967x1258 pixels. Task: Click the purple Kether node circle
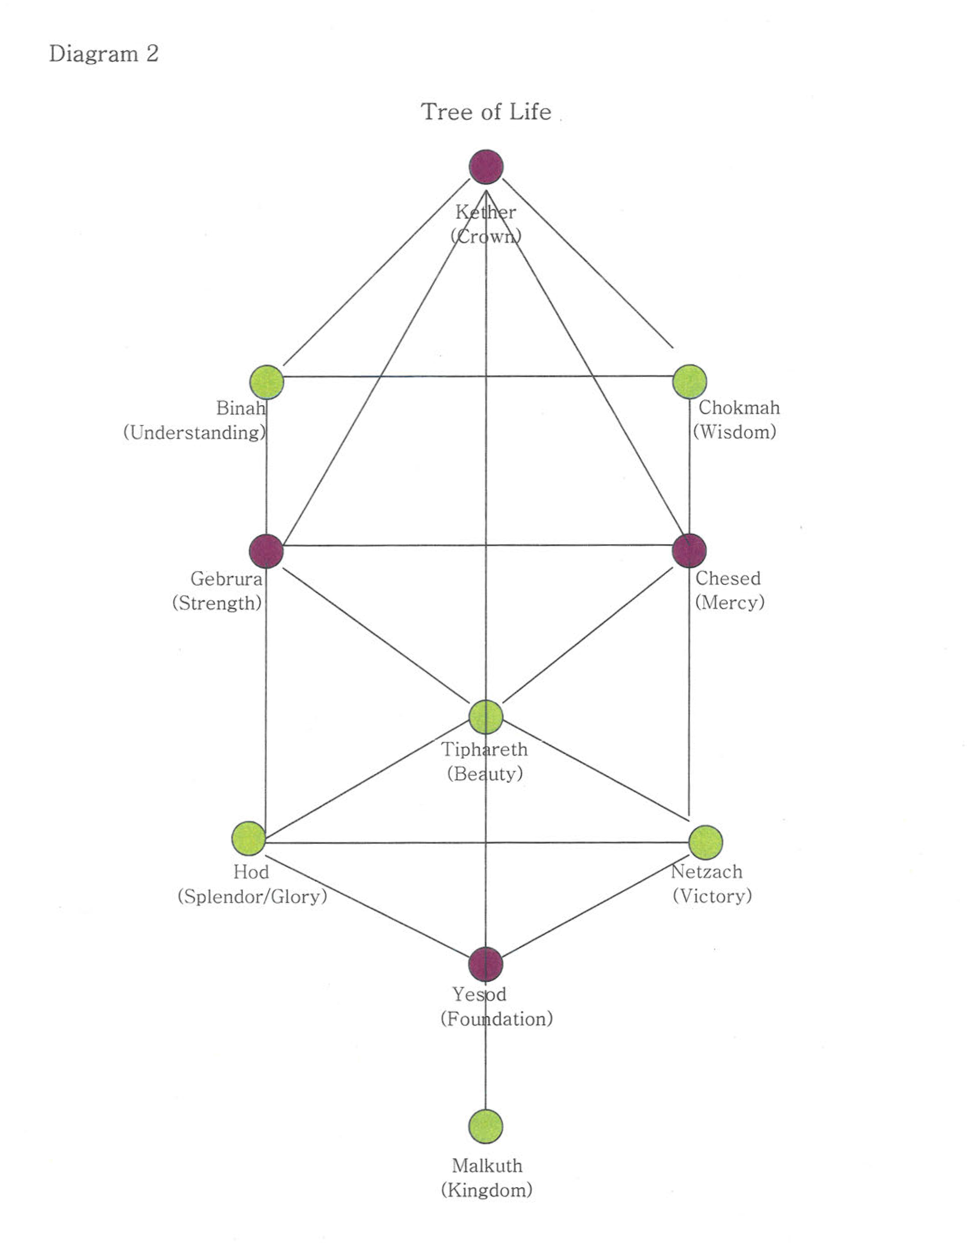pos(486,167)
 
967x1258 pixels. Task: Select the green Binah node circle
pos(266,382)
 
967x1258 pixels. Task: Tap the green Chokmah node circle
pos(689,381)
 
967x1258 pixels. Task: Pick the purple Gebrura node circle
pos(266,550)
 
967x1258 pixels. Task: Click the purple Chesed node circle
pos(689,550)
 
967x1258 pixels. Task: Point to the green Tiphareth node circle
pos(486,717)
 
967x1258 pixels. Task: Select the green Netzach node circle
pos(706,842)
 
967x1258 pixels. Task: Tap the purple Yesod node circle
pos(486,964)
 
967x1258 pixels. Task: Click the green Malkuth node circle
pos(486,1126)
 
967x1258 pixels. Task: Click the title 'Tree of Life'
pos(486,111)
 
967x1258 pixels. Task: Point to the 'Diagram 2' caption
pos(104,54)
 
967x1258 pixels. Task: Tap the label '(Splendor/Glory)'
pos(252,896)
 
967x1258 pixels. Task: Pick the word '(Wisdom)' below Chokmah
pos(735,432)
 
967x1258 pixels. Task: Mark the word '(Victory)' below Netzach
pos(712,896)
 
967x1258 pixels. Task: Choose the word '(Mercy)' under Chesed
pos(730,602)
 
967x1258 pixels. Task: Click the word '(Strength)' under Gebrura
pos(217,603)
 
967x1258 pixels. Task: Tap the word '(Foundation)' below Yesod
pos(496,1019)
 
